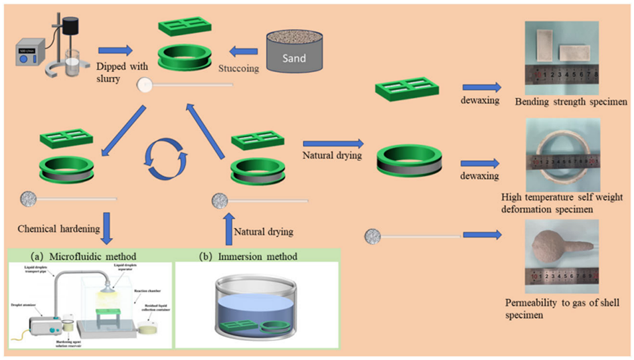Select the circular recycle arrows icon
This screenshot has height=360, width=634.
(167, 159)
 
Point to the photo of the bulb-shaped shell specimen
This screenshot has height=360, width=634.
(562, 252)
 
